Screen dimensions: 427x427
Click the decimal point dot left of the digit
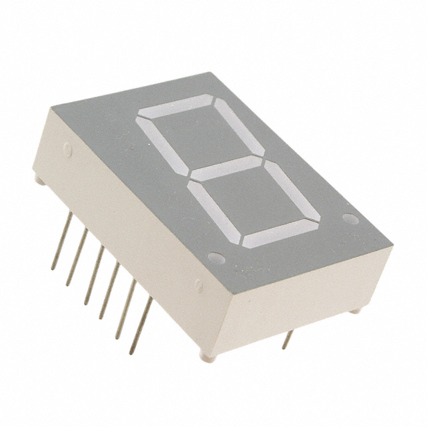216,257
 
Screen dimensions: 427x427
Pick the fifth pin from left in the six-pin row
125,308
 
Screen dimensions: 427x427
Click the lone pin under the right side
288,339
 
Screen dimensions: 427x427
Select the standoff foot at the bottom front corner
209,358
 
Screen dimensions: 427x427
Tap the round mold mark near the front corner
198,285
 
